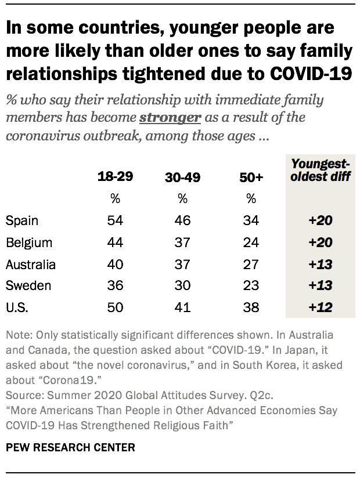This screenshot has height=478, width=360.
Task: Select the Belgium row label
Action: coord(29,242)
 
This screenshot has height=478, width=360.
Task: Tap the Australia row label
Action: coord(31,265)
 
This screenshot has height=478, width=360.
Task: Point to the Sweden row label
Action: coord(28,286)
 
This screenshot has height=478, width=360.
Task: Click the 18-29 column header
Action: coord(115,177)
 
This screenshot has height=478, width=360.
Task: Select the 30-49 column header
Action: coord(183,178)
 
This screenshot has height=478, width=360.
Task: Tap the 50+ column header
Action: coord(251,178)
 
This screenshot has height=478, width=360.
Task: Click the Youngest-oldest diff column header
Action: coord(320,171)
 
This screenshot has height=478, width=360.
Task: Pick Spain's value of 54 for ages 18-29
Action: coord(115,220)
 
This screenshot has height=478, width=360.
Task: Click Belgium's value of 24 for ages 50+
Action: coord(251,242)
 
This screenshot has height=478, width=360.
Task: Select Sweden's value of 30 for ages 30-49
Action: coord(183,286)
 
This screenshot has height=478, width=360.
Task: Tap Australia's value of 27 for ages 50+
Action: coord(251,265)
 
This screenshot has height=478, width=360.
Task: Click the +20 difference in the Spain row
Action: coord(320,220)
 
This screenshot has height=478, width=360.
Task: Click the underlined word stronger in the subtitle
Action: coord(170,117)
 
